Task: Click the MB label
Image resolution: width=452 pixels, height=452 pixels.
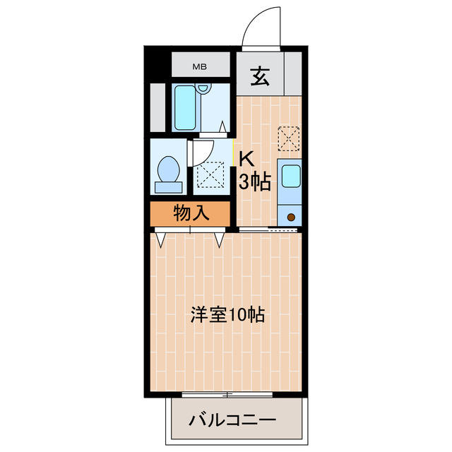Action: tap(201, 67)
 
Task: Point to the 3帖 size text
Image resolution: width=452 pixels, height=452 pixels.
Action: tap(255, 182)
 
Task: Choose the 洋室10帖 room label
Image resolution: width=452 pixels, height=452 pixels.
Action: tap(227, 315)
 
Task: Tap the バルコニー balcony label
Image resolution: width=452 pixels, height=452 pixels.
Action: tap(231, 421)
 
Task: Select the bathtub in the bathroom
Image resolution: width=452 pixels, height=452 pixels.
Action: tap(184, 107)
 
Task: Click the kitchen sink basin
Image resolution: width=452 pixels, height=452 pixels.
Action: tap(290, 177)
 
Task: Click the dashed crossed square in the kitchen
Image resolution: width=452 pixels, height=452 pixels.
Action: tap(289, 138)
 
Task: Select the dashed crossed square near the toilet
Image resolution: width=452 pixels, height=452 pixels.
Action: tap(210, 174)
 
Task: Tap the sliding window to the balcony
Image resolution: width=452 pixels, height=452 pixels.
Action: tap(227, 393)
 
